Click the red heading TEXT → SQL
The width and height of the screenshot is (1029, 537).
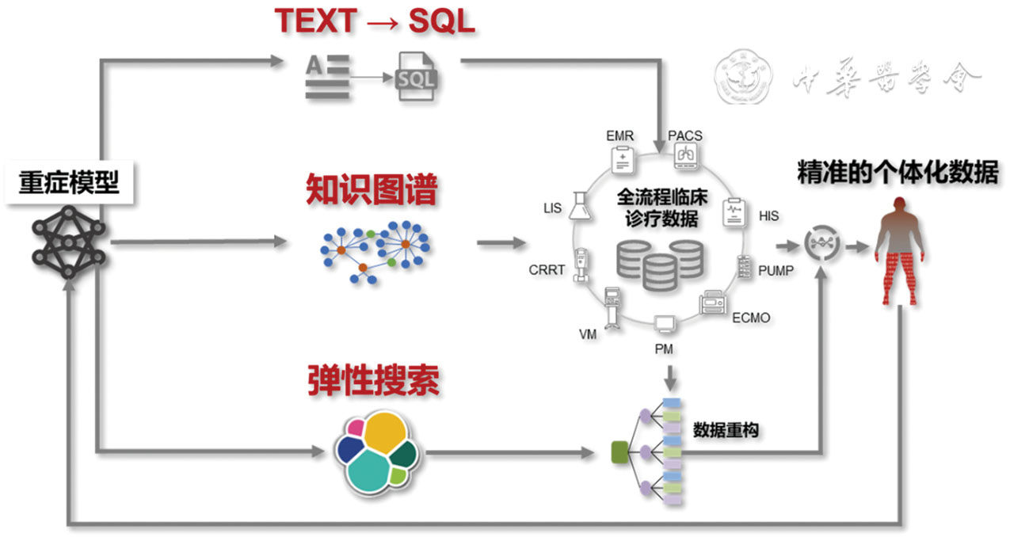pyautogui.click(x=374, y=21)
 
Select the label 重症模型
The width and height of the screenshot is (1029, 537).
pyautogui.click(x=69, y=183)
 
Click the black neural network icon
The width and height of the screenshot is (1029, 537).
pyautogui.click(x=68, y=241)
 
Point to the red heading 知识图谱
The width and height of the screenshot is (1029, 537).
pyautogui.click(x=372, y=190)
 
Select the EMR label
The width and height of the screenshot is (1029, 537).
pyautogui.click(x=619, y=136)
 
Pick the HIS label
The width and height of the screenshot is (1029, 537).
pyautogui.click(x=768, y=215)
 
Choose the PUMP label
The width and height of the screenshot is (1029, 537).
pyautogui.click(x=776, y=271)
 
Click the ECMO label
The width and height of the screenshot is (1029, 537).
pyautogui.click(x=750, y=318)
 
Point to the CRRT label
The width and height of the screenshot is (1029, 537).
pyautogui.click(x=547, y=270)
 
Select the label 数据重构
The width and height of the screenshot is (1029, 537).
pyautogui.click(x=726, y=430)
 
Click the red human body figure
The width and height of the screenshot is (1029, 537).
pyautogui.click(x=901, y=250)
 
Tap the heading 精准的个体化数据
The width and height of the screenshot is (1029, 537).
pyautogui.click(x=898, y=173)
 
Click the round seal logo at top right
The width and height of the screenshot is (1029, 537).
pyautogui.click(x=745, y=78)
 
